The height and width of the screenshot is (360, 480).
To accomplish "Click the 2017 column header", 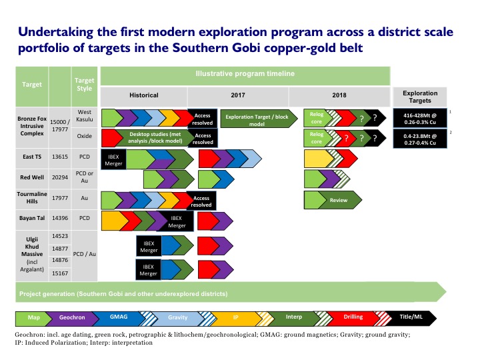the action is click(238, 95).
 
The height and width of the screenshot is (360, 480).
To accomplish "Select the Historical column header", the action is click(144, 95).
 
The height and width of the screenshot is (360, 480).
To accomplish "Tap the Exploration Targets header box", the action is click(420, 97).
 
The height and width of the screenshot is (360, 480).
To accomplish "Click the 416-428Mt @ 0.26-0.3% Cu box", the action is click(420, 119).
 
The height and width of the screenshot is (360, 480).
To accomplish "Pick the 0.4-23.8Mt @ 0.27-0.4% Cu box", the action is click(420, 139).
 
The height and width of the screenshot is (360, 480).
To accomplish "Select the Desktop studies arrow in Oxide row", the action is click(155, 138).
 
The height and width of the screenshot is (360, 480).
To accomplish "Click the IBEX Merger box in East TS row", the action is click(113, 160).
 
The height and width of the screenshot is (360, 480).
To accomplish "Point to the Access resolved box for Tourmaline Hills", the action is click(201, 201).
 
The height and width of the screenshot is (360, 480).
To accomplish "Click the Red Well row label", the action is click(32, 177).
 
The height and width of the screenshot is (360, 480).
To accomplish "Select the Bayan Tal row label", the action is click(32, 218).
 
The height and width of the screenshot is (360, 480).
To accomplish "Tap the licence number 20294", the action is click(60, 177).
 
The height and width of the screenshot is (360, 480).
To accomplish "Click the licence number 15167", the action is click(60, 273).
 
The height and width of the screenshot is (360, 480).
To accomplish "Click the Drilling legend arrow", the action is click(352, 317).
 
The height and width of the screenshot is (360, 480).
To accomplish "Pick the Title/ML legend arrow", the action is click(411, 317).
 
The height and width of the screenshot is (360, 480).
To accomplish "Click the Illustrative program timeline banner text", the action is click(245, 73).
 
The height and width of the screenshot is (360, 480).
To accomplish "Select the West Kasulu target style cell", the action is click(85, 116).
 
